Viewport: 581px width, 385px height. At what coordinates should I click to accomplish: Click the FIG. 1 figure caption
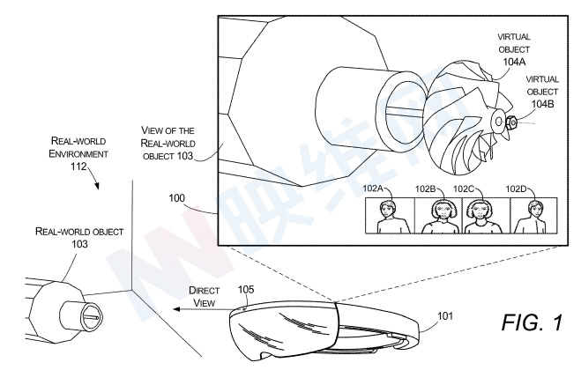[532, 322]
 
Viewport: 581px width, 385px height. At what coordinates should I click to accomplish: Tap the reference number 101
[445, 315]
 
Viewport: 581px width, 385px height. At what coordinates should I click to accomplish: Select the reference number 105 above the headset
[246, 289]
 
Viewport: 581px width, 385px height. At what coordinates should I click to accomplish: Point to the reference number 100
[176, 198]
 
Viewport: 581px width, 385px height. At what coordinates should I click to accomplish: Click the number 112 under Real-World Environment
[78, 167]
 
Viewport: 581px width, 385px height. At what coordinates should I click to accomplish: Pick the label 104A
[514, 62]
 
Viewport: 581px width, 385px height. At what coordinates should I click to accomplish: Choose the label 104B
[542, 104]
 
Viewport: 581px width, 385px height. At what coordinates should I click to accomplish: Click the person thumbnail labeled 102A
[390, 216]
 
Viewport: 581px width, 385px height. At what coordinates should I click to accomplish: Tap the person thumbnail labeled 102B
[438, 216]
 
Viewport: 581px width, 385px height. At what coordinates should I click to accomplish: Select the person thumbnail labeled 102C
[487, 216]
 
